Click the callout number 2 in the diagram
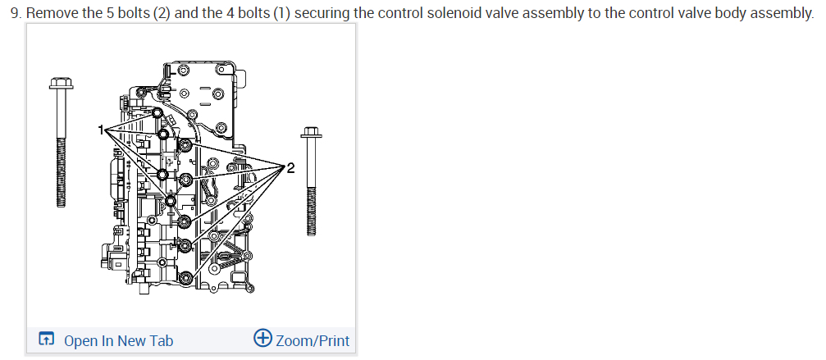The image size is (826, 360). click(291, 168)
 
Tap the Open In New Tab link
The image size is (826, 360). click(118, 340)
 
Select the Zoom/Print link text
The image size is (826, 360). click(313, 340)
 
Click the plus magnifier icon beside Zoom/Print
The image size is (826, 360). click(262, 338)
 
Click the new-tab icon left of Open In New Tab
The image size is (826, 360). click(47, 339)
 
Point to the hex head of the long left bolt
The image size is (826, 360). click(61, 83)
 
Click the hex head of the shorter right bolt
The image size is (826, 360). click(311, 132)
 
